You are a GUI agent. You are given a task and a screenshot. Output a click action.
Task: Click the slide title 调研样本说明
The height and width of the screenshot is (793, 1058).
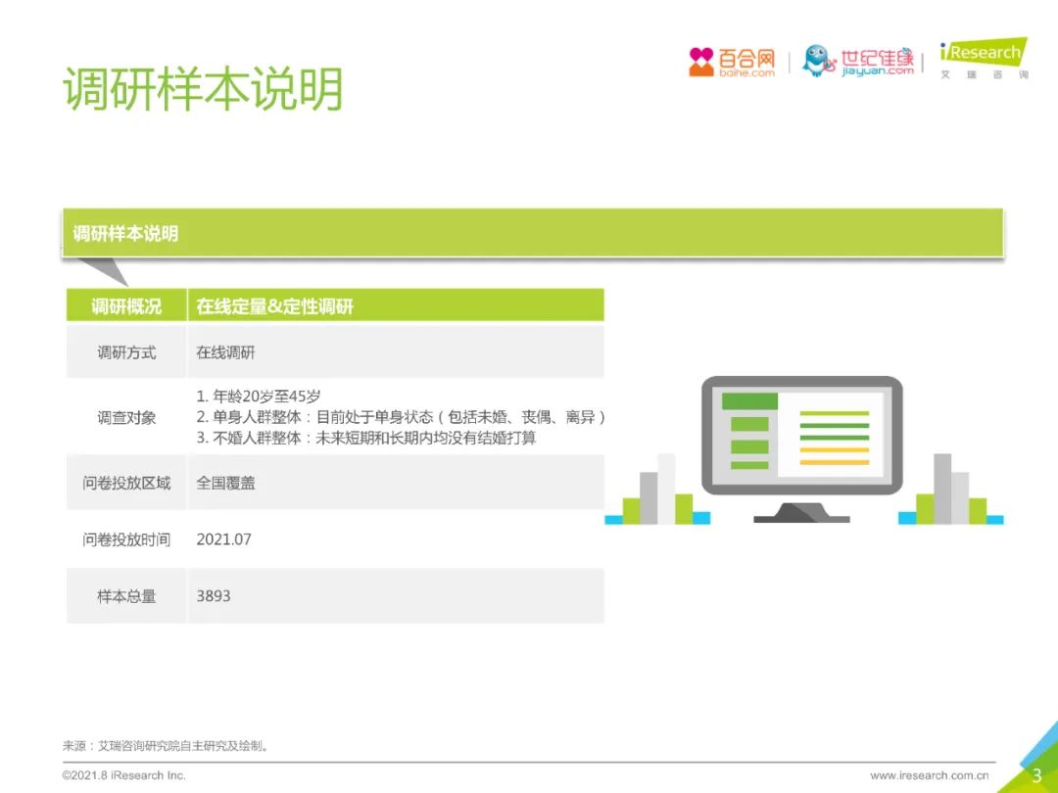(x=203, y=88)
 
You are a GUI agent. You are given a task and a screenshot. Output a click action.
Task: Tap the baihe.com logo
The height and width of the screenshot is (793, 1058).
(x=732, y=62)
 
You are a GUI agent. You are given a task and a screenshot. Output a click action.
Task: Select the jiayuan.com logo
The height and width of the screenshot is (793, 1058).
(x=857, y=62)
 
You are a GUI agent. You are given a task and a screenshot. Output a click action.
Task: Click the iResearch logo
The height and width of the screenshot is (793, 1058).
(x=984, y=59)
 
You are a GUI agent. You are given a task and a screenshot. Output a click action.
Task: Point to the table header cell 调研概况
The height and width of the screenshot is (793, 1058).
(x=126, y=306)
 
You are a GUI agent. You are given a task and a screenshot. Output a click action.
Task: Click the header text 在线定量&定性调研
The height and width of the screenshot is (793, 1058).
(x=274, y=306)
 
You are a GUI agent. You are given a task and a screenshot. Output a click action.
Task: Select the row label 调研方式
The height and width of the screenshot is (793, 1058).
(x=126, y=352)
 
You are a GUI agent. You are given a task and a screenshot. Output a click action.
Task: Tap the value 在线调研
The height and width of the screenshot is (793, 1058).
(x=225, y=352)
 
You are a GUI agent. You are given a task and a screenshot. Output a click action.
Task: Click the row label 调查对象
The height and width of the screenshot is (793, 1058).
(x=126, y=417)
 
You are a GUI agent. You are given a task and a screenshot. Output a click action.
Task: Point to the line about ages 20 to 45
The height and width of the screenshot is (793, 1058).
(x=259, y=396)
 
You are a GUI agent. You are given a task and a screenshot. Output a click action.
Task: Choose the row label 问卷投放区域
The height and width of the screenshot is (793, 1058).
(x=126, y=483)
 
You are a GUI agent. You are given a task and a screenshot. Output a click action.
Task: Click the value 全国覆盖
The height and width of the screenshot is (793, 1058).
(x=225, y=483)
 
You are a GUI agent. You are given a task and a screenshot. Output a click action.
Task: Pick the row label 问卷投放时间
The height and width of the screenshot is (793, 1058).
(x=126, y=539)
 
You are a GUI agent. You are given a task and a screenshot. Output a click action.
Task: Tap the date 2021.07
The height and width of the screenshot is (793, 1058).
(x=223, y=539)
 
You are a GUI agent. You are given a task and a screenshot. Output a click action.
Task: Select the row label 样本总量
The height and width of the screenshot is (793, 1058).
(x=126, y=596)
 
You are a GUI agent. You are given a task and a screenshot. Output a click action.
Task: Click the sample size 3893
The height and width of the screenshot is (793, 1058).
(x=214, y=596)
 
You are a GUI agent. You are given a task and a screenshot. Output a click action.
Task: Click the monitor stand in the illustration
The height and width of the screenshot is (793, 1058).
(x=801, y=512)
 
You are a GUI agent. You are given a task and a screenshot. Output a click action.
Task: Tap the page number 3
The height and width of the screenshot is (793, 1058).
(x=1037, y=775)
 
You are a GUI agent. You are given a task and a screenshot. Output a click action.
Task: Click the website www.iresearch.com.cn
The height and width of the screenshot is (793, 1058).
(x=929, y=775)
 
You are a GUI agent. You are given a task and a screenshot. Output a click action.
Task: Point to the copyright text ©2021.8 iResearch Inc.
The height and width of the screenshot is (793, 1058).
(x=123, y=775)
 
